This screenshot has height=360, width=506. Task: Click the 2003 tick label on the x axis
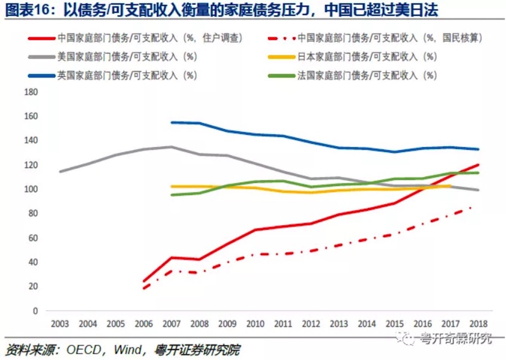(x=60, y=325)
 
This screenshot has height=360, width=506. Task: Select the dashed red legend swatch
(x=281, y=38)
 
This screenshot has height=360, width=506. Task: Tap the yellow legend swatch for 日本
(x=281, y=56)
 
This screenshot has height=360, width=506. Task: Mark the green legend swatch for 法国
(x=281, y=75)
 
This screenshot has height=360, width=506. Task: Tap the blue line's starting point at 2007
(x=171, y=122)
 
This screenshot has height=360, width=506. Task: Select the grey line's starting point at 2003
(x=60, y=171)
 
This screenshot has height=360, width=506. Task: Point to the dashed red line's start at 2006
(x=144, y=289)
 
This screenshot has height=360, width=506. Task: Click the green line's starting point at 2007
(x=171, y=195)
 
